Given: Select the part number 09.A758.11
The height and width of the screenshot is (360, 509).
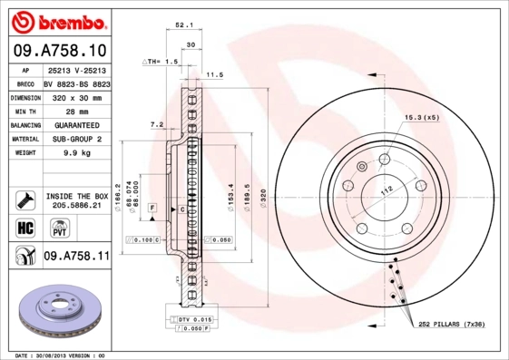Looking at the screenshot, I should pos(76,257).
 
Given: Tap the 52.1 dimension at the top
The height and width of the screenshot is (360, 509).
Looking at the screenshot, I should pos(183,25).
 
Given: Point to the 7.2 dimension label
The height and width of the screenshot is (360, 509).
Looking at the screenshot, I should pos(156,123).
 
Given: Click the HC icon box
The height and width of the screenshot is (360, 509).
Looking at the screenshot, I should pos(24,225).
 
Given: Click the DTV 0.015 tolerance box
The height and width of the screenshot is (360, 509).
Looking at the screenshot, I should pos(193,320).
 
